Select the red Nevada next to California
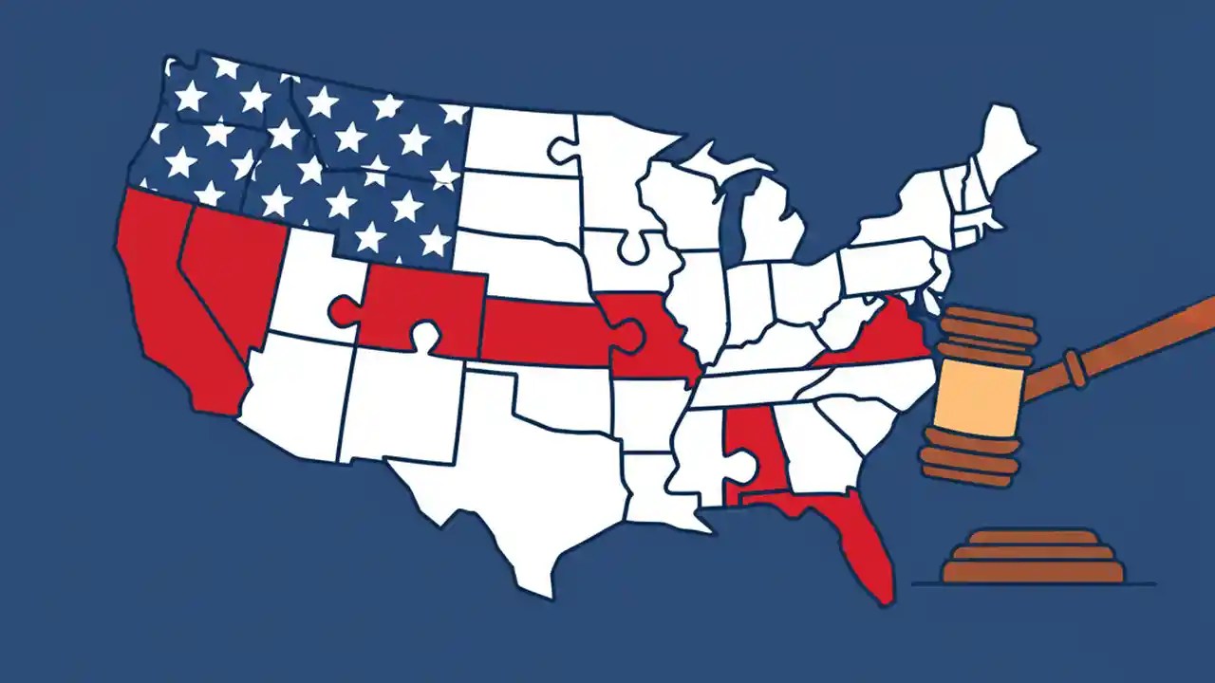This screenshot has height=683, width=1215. click(233, 275)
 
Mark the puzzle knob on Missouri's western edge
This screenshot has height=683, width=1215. click(626, 332)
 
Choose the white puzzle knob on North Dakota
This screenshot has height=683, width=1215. click(562, 149)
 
